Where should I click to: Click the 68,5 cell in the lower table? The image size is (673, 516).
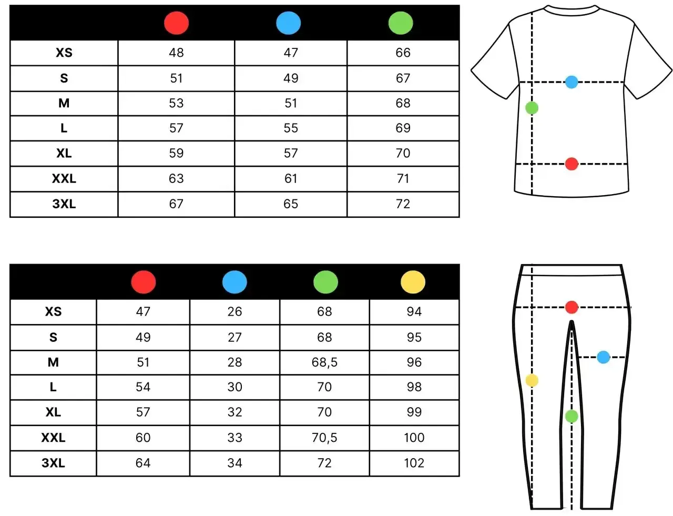click(324, 362)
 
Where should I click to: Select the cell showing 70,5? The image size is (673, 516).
click(324, 437)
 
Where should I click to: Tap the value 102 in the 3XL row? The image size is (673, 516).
click(414, 463)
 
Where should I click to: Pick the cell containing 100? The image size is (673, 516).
click(414, 437)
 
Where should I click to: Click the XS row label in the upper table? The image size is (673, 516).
click(64, 53)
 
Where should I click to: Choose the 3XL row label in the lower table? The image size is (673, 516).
click(53, 463)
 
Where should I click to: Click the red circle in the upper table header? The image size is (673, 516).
click(176, 23)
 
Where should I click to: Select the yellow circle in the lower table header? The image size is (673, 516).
click(413, 282)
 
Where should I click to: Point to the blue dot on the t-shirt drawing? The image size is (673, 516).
click(572, 82)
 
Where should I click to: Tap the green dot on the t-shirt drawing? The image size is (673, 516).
click(532, 108)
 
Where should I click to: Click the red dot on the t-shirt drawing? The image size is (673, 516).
click(572, 164)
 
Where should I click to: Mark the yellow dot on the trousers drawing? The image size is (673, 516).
click(532, 380)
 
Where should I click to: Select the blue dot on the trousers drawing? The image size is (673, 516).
click(603, 357)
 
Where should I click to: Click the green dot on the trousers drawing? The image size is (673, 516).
click(572, 416)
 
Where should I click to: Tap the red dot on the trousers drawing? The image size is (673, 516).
click(572, 307)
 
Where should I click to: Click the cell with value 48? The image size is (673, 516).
click(176, 53)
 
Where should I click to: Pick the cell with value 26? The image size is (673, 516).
click(234, 311)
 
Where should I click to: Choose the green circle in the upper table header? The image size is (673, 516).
click(401, 23)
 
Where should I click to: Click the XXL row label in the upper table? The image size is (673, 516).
click(64, 178)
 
